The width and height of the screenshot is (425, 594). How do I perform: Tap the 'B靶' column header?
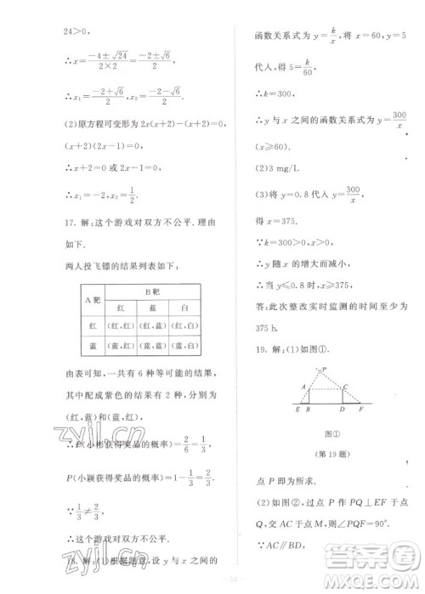pos(150,291)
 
